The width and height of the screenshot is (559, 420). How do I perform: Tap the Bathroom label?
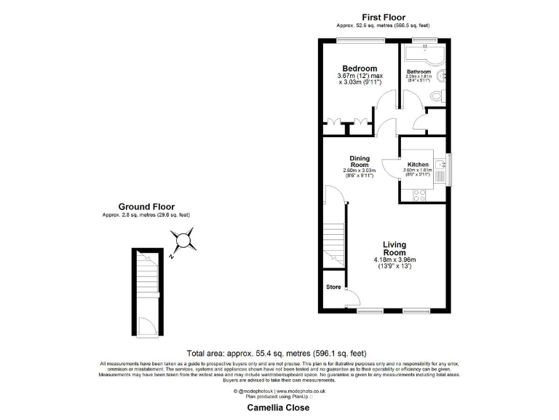419,71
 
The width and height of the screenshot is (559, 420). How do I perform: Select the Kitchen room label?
418,164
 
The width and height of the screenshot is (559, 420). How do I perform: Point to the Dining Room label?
360,161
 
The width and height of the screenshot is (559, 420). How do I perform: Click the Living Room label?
395,248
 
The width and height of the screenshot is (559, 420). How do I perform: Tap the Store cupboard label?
333,287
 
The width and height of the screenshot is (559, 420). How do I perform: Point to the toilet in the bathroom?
436,96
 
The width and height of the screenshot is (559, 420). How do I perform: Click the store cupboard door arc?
352,297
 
